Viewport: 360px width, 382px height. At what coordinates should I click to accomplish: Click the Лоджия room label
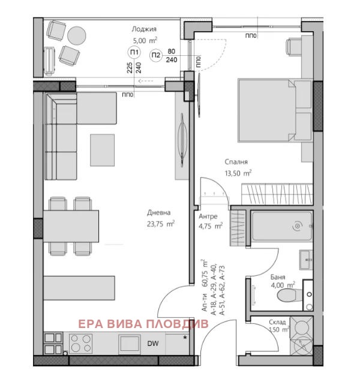(144, 29)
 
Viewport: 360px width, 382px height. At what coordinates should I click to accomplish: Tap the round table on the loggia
(77, 35)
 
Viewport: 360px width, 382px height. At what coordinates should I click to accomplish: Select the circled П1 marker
(134, 52)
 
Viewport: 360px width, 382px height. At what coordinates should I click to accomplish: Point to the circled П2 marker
(156, 55)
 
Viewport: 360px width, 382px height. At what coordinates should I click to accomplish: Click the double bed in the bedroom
(275, 110)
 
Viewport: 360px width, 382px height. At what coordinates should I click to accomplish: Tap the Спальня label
(236, 162)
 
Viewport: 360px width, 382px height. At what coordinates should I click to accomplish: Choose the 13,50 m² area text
(238, 173)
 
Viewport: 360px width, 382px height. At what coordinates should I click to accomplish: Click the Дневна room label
(158, 213)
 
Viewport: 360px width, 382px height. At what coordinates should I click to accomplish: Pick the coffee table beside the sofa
(102, 150)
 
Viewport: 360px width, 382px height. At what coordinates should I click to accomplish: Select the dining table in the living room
(71, 226)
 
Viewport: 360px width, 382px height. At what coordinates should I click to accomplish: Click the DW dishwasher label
(153, 344)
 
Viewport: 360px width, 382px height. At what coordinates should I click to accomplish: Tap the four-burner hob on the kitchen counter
(80, 344)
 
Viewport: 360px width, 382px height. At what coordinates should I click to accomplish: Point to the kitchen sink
(130, 344)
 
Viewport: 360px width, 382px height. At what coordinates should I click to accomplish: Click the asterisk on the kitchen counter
(185, 338)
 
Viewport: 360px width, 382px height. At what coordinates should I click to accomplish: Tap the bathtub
(282, 226)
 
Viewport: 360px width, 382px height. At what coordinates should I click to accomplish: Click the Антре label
(208, 216)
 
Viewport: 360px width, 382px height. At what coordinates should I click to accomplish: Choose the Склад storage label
(277, 322)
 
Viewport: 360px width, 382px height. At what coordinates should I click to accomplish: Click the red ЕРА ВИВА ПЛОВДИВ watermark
(143, 324)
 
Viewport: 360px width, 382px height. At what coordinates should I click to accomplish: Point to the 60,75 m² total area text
(205, 272)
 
